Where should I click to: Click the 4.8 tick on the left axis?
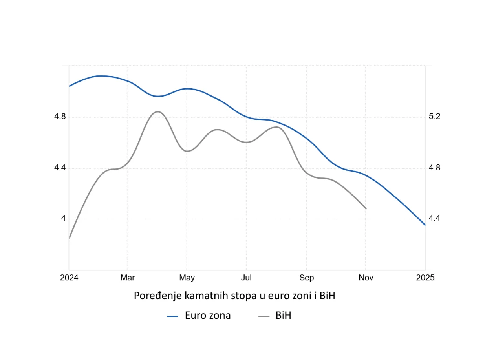tap(60, 117)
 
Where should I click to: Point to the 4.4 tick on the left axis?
tap(60, 168)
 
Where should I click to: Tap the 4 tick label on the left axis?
tap(63, 219)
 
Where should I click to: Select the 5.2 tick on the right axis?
tap(435, 117)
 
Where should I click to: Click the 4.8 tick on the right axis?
tap(435, 168)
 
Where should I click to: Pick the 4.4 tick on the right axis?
tap(435, 218)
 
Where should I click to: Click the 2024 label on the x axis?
tap(69, 278)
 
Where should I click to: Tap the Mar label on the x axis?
tap(128, 278)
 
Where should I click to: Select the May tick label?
tap(187, 278)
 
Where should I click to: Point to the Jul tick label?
tap(246, 278)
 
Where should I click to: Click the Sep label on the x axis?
tap(306, 278)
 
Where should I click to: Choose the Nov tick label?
tap(366, 278)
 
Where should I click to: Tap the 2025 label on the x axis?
tap(425, 278)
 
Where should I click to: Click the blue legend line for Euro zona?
tap(173, 316)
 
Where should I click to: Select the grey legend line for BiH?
tap(264, 316)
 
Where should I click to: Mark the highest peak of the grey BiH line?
tap(157, 112)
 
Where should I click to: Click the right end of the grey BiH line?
tap(366, 208)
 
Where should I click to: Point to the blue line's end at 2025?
tap(425, 225)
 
